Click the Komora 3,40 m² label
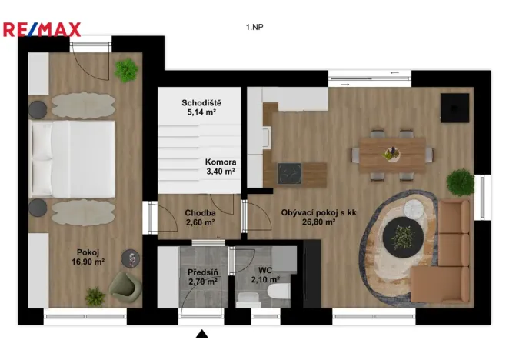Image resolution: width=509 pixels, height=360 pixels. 221,167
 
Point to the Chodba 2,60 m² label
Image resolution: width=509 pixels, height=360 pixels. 200,218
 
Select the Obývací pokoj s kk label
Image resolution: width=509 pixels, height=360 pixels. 308,218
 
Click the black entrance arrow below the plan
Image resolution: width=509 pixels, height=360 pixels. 202,334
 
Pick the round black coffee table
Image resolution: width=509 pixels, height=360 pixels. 401,235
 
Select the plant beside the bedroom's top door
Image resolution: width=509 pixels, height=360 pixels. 125,71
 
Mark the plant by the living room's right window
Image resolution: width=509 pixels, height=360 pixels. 461,183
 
